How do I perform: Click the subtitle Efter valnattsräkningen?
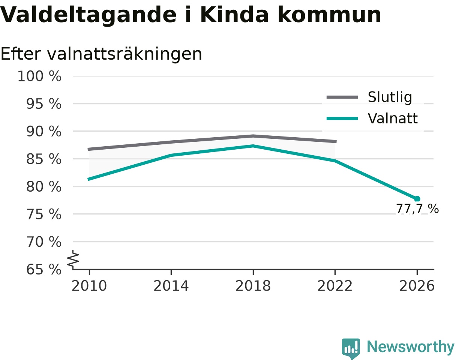pyautogui.click(x=101, y=54)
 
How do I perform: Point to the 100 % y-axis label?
pyautogui.click(x=39, y=76)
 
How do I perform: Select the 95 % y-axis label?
pyautogui.click(x=43, y=104)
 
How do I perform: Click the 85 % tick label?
pyautogui.click(x=43, y=159)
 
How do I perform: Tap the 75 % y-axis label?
pyautogui.click(x=43, y=214)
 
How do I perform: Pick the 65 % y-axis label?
pyautogui.click(x=43, y=270)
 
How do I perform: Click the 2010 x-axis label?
pyautogui.click(x=89, y=286)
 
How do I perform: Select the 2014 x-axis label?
pyautogui.click(x=171, y=286)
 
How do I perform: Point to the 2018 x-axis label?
pyautogui.click(x=253, y=286)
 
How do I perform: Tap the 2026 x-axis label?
pyautogui.click(x=417, y=286)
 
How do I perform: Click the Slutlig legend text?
pyautogui.click(x=390, y=97)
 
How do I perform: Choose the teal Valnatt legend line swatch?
pyautogui.click(x=342, y=118)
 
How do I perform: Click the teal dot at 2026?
pyautogui.click(x=417, y=199)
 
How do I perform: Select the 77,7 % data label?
pyautogui.click(x=417, y=209)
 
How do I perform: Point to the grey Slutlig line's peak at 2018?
pyautogui.click(x=253, y=136)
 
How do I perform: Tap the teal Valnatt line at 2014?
pyautogui.click(x=171, y=155)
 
